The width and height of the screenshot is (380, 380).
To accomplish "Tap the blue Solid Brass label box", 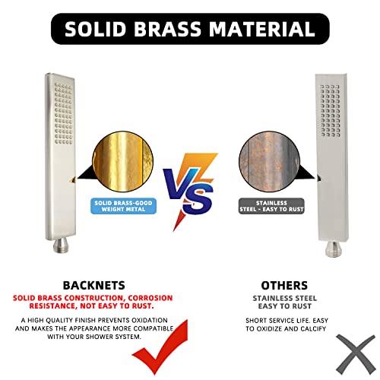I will click(125, 207).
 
